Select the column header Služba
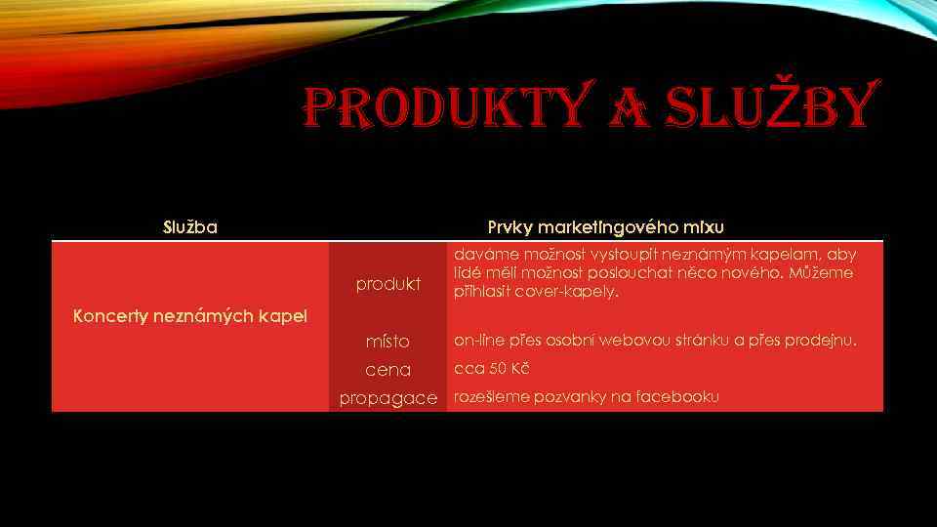point(190,227)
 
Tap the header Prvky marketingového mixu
point(605,227)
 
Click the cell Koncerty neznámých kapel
point(190,315)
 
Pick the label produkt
point(387,284)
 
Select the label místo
point(387,342)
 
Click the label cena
point(387,370)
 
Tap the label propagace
point(387,398)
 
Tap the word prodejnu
point(826,341)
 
